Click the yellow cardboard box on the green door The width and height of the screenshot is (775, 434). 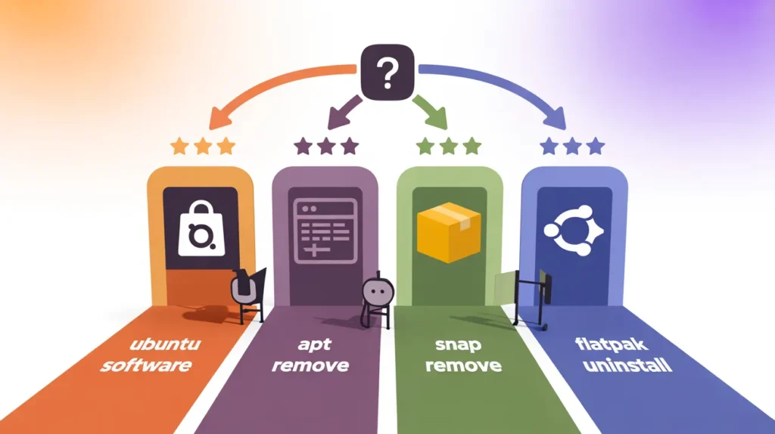(450, 232)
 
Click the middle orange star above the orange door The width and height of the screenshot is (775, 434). (202, 146)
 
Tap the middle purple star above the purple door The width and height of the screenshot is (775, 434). (325, 145)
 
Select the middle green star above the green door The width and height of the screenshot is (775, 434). (450, 145)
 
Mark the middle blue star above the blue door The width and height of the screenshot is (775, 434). (572, 145)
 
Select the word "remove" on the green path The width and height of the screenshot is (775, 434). (464, 366)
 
